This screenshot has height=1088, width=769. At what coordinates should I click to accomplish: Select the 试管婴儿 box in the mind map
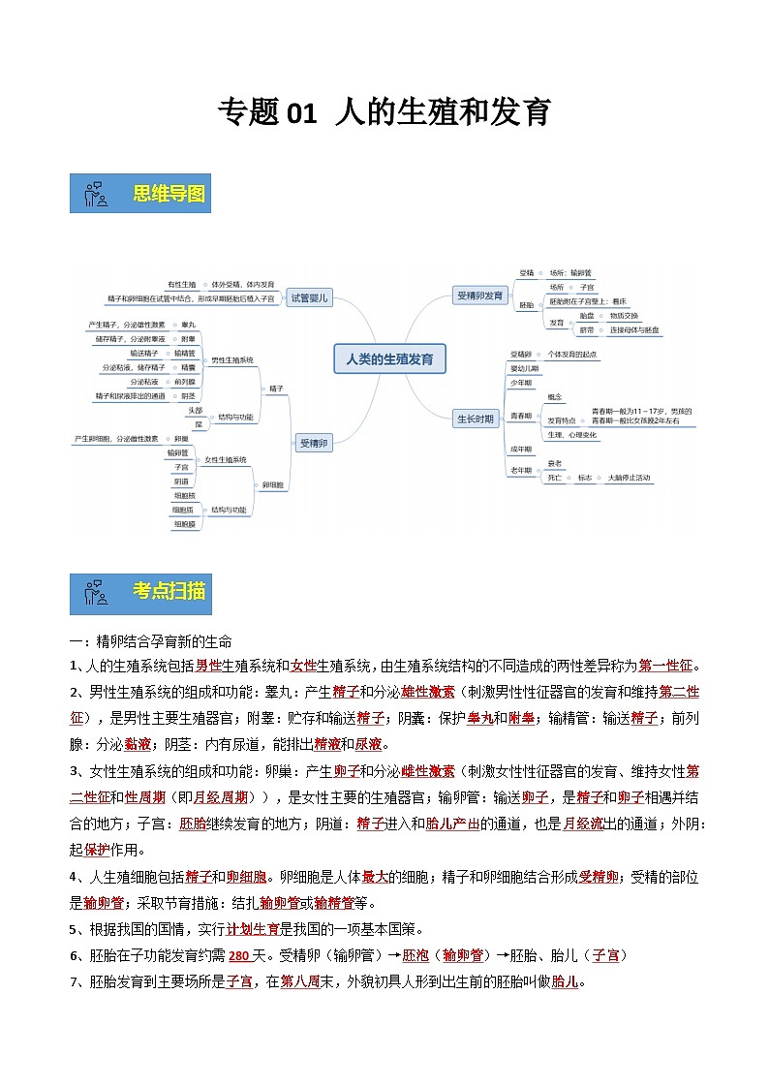[310, 298]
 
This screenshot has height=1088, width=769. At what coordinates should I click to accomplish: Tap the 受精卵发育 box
[479, 295]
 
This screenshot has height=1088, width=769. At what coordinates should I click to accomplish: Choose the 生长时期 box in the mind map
[476, 419]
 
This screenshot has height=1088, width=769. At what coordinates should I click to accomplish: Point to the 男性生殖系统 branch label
[232, 360]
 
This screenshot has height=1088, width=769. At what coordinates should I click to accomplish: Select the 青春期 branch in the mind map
[521, 415]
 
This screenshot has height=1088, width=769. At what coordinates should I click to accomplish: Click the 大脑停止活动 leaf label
[629, 478]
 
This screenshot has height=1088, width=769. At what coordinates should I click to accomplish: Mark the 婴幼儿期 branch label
[523, 369]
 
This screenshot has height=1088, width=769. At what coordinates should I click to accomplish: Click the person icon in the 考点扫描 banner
[95, 592]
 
